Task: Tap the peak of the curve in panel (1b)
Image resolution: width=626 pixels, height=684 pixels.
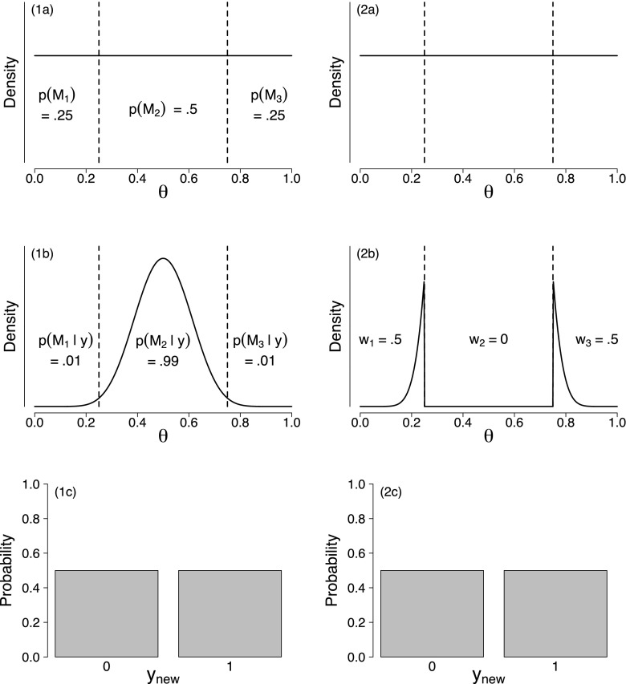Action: coord(163,258)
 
